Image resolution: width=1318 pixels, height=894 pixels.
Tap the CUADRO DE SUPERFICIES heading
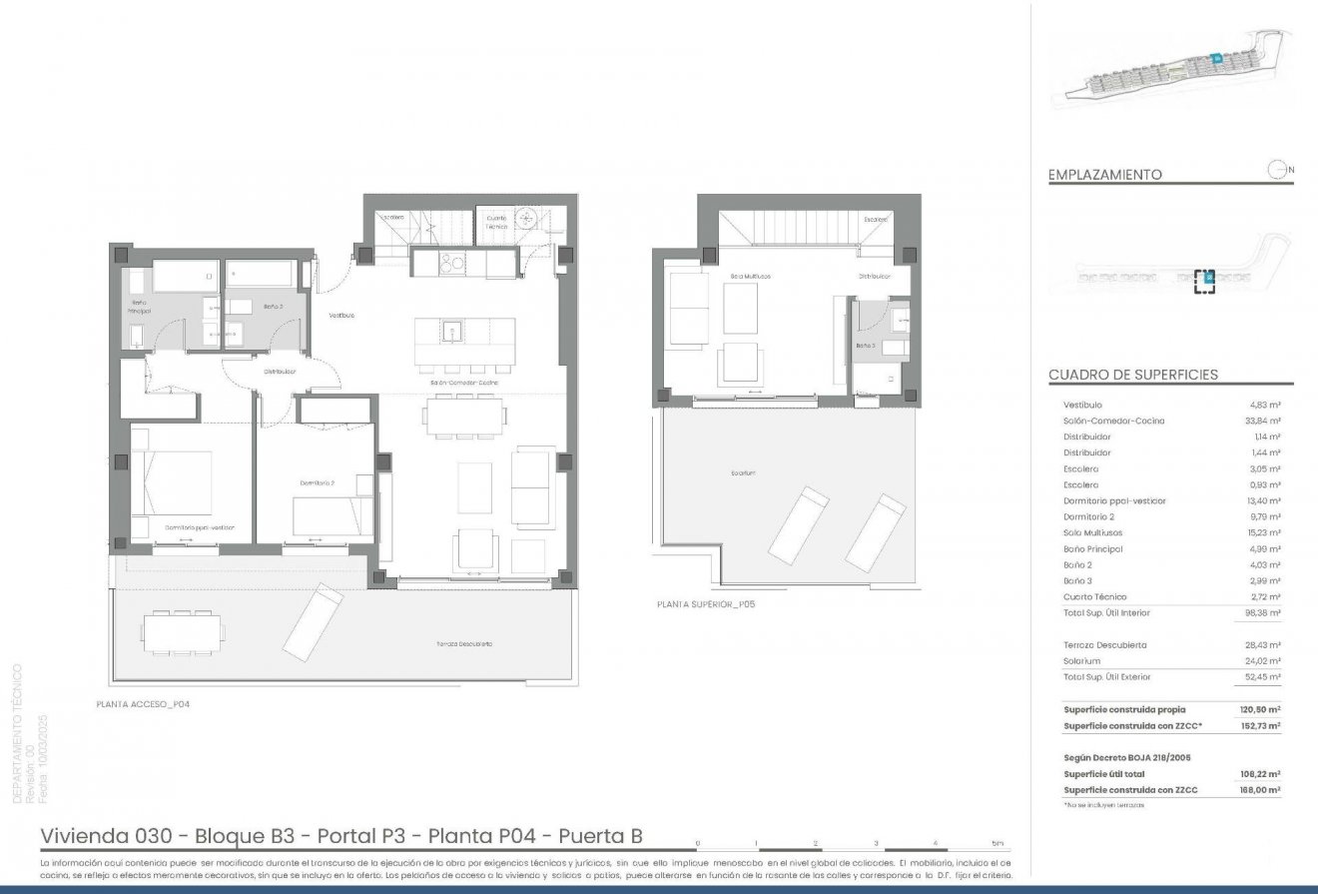point(1132,375)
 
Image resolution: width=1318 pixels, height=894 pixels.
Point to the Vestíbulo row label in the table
point(1082,405)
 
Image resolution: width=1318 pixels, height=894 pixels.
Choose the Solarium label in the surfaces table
point(1082,661)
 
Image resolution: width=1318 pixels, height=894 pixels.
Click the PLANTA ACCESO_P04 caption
point(143,704)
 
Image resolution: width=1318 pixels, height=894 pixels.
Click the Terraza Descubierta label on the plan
point(464,644)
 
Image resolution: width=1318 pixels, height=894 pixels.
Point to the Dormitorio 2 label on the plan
point(317,482)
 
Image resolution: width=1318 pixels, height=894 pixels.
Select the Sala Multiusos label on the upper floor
point(750,276)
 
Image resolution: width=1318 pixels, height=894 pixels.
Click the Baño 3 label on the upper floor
point(865,346)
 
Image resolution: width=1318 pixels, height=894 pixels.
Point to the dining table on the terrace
point(184,630)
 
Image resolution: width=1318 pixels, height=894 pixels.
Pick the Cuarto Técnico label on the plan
point(496,221)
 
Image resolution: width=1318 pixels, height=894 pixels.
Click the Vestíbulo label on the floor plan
point(342,316)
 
